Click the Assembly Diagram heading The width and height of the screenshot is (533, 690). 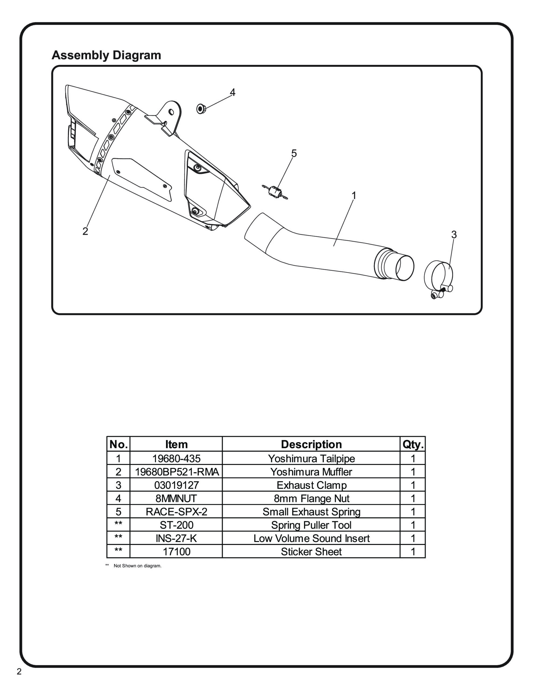point(106,55)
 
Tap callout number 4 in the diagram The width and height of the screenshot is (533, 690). point(233,92)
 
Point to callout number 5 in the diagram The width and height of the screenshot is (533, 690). point(294,154)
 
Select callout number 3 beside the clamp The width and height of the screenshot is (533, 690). point(454,235)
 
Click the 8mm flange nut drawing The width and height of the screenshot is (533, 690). point(201,109)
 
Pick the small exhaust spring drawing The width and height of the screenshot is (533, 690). point(275,192)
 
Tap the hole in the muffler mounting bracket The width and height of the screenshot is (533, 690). point(171,112)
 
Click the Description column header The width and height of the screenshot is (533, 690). point(311,444)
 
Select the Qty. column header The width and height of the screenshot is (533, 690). point(413,444)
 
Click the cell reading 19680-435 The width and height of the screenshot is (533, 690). point(176,458)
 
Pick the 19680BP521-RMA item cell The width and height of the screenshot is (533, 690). point(176,472)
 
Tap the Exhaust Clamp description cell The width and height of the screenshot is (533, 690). point(311,485)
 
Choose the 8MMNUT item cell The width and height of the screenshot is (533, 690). point(176,498)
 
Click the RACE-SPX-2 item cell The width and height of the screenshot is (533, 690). point(176,512)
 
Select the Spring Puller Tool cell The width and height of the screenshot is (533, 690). point(311,525)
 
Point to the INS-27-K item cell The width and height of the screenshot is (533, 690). point(176,538)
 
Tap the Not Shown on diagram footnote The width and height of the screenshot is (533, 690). point(137,565)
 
